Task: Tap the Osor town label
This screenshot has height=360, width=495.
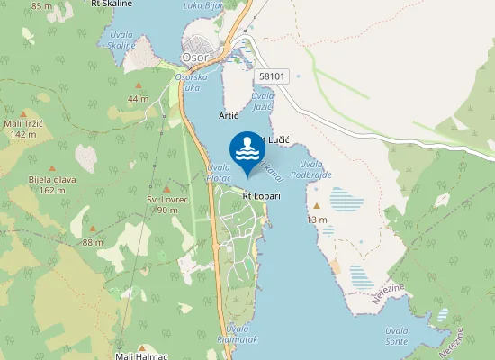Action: [x=195, y=57]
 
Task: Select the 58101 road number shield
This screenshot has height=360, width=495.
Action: [x=271, y=76]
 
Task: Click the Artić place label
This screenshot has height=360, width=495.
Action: [x=229, y=116]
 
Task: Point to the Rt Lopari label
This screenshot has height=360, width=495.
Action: [x=261, y=195]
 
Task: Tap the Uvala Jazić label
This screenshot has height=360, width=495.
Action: [x=263, y=101]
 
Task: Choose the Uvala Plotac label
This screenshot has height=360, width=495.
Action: [x=219, y=173]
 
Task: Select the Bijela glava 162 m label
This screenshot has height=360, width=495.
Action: [x=47, y=184]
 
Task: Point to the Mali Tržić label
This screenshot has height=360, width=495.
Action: [x=23, y=129]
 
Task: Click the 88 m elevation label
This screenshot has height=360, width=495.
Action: [x=93, y=242]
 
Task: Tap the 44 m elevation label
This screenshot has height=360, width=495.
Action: [x=138, y=98]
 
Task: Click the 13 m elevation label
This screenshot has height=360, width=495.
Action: [x=317, y=220]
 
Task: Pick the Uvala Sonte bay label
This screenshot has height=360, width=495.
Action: [x=395, y=336]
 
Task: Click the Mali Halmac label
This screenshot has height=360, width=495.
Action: [x=142, y=355]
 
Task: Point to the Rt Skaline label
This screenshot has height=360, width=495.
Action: [x=112, y=4]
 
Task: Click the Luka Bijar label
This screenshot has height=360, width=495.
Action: [x=202, y=4]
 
